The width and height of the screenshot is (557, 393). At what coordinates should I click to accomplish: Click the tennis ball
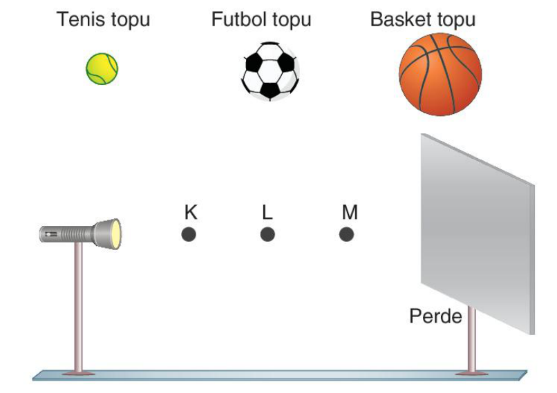point(102,69)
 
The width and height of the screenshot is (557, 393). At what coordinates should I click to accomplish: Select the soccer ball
point(270,71)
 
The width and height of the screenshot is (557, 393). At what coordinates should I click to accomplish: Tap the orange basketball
point(440,74)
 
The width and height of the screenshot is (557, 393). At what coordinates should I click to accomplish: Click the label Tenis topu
point(103,19)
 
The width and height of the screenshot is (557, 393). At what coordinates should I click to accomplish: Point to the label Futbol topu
point(261,19)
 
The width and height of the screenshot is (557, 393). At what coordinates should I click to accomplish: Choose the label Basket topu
point(423,19)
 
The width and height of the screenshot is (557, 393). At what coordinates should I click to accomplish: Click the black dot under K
point(189,235)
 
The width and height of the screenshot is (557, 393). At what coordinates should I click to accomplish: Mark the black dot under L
point(267,235)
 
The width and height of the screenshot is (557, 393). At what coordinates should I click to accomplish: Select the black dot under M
point(346,235)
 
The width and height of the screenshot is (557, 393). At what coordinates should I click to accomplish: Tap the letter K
point(191,212)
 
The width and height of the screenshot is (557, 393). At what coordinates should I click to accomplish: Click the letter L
point(267,212)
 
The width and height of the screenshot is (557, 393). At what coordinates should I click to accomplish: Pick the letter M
point(350,212)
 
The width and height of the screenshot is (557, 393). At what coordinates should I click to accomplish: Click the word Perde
point(435,316)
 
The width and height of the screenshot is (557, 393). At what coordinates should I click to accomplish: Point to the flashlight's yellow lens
point(116,234)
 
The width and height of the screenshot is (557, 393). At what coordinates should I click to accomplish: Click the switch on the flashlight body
point(51,234)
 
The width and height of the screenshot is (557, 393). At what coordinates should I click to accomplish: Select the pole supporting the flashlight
point(79,307)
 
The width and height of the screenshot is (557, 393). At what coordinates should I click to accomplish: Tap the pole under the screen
point(472,339)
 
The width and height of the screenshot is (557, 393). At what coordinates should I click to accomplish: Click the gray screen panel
point(478,233)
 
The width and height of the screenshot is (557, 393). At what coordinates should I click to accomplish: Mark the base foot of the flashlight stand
point(79,373)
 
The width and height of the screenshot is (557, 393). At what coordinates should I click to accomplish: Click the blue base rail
point(280,376)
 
